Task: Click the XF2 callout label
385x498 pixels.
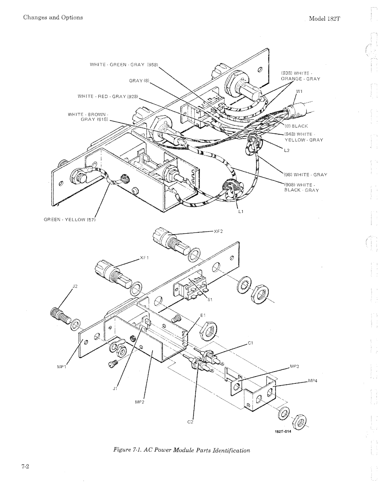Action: pyautogui.click(x=218, y=231)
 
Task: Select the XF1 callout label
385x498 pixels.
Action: pyautogui.click(x=144, y=258)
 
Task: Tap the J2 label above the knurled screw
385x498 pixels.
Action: pyautogui.click(x=75, y=286)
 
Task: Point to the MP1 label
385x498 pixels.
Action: pyautogui.click(x=62, y=367)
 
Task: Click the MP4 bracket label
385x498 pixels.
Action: pyautogui.click(x=313, y=381)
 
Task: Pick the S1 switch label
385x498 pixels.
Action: pyautogui.click(x=210, y=299)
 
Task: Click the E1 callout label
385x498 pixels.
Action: pyautogui.click(x=203, y=315)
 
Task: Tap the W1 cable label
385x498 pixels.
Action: pyautogui.click(x=299, y=91)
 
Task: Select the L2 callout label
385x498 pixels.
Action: pyautogui.click(x=287, y=150)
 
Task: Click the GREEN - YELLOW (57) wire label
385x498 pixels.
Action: pyautogui.click(x=70, y=220)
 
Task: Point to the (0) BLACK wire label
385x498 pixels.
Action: pyautogui.click(x=296, y=126)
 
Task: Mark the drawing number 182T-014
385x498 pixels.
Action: pyautogui.click(x=283, y=431)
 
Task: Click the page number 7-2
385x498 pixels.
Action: pyautogui.click(x=25, y=467)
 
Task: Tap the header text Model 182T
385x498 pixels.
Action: pyautogui.click(x=324, y=19)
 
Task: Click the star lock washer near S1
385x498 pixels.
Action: pyautogui.click(x=244, y=285)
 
